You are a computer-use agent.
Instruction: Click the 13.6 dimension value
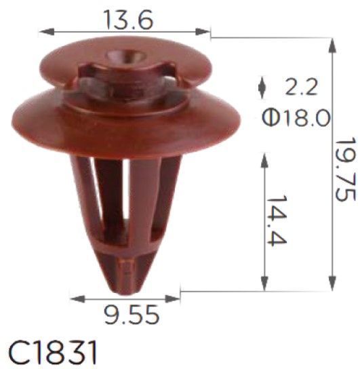[x=128, y=20]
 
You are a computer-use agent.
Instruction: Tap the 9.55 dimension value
[x=132, y=315]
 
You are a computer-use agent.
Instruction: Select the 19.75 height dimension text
[x=345, y=169]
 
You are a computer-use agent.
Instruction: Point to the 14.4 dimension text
[x=277, y=220]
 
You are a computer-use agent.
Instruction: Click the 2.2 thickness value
[x=302, y=86]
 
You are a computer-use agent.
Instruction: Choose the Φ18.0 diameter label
[x=296, y=117]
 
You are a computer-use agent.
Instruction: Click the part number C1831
[x=52, y=353]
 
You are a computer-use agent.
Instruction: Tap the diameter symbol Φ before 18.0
[x=271, y=117]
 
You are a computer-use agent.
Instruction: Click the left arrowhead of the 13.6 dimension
[x=46, y=31]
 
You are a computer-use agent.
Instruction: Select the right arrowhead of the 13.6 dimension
[x=203, y=31]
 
